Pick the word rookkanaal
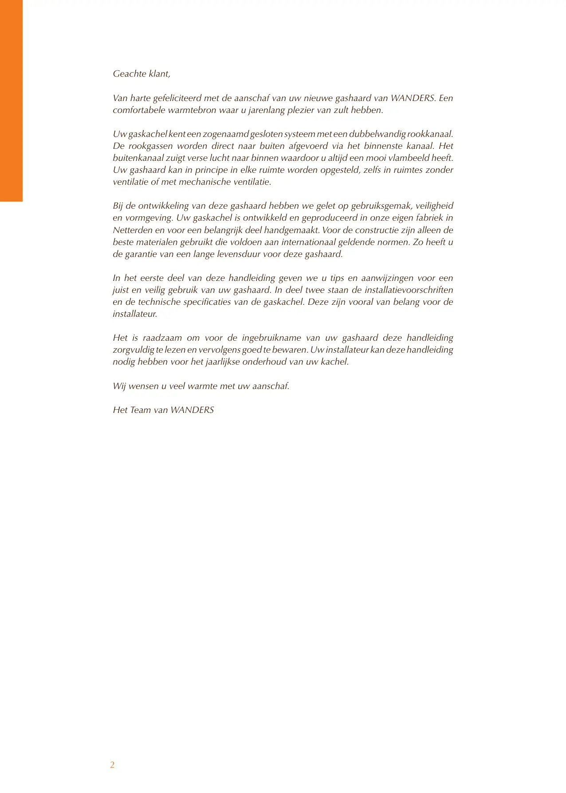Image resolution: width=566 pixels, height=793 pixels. pyautogui.click(x=430, y=134)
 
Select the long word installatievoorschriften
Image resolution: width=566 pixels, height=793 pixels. pyautogui.click(x=409, y=290)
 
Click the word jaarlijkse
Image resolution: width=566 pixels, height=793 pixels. pyautogui.click(x=223, y=362)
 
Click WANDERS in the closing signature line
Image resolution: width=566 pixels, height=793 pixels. pyautogui.click(x=192, y=410)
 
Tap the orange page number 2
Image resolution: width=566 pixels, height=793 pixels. pyautogui.click(x=112, y=765)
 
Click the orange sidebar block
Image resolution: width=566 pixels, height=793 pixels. pyautogui.click(x=11, y=101)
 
